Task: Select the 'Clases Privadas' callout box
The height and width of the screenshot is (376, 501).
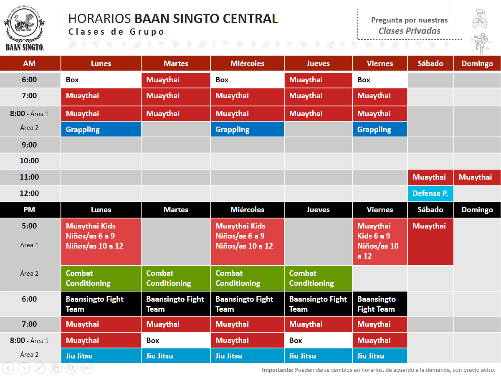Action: point(409,25)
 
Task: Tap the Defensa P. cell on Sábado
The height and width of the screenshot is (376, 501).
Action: point(430,193)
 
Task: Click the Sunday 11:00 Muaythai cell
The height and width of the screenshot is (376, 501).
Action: point(477,177)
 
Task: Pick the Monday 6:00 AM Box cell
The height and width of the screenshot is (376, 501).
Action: point(101,80)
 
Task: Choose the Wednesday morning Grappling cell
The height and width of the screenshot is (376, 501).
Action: point(247,130)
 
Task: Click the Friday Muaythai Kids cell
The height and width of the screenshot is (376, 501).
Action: point(380,241)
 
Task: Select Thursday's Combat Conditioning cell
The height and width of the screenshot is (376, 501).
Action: point(318,278)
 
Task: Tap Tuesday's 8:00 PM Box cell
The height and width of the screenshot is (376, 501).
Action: point(176,340)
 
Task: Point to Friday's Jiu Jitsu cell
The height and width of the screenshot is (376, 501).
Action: point(380,356)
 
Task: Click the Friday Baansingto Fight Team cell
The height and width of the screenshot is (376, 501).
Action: point(380,304)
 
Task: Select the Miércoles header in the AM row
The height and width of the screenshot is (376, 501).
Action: point(247,64)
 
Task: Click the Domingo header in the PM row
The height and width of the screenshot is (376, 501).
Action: point(477,210)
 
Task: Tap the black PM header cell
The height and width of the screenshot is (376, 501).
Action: point(30,210)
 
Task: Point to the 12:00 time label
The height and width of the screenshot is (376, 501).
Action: point(30,193)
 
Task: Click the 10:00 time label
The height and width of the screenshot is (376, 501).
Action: point(30,161)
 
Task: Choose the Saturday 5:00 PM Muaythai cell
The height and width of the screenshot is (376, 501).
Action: point(430,241)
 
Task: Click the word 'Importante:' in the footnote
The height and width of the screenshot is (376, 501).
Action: point(277,370)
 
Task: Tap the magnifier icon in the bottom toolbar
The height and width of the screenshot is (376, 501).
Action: point(71,368)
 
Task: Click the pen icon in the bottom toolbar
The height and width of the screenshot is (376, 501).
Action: point(39,368)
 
